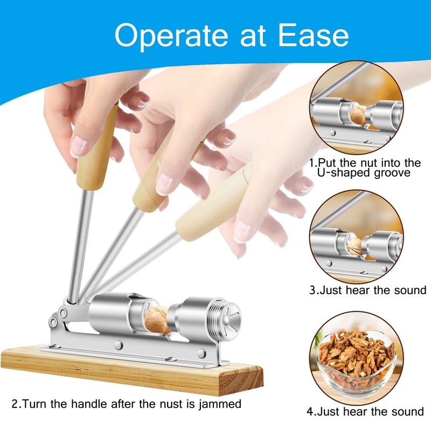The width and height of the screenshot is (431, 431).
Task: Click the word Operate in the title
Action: (x=171, y=36)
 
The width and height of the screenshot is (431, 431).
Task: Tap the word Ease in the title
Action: (x=314, y=35)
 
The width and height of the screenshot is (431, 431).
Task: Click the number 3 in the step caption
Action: (x=312, y=290)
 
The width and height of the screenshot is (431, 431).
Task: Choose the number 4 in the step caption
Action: (x=310, y=412)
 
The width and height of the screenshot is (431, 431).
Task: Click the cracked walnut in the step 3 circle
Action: (x=354, y=247)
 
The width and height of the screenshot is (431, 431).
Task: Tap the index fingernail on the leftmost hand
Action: (x=79, y=146)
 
